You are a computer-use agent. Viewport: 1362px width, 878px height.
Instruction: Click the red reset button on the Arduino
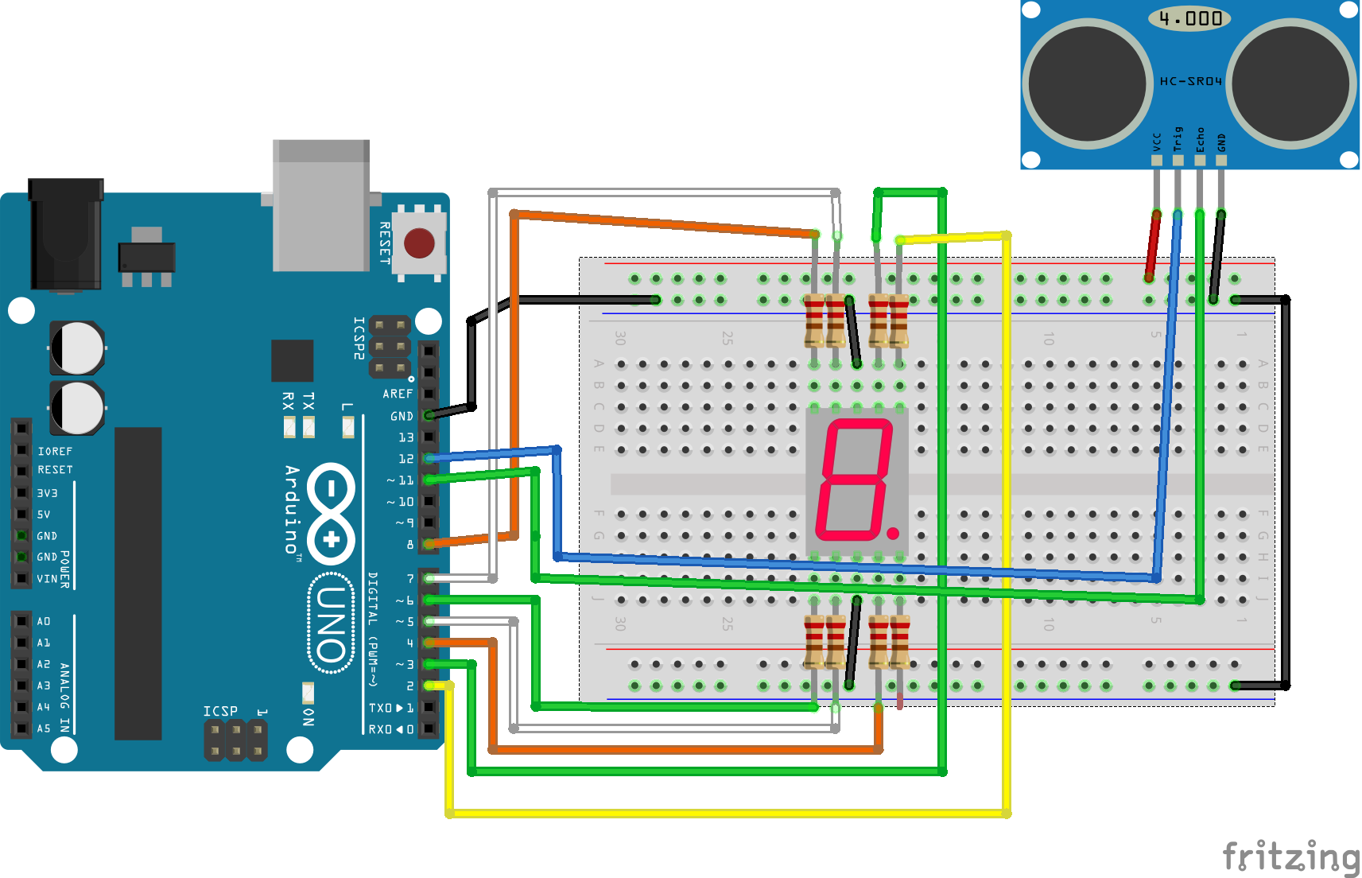tap(419, 243)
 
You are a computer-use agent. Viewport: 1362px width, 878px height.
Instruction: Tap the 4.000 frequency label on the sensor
tap(1189, 18)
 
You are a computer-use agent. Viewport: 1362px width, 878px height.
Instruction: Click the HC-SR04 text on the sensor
tap(1190, 81)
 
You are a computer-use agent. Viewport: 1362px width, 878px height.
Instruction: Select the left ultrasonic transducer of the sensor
tap(1087, 84)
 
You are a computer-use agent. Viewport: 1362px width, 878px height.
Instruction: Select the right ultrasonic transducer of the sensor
tap(1291, 84)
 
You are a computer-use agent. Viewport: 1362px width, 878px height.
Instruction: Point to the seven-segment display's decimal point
tap(893, 533)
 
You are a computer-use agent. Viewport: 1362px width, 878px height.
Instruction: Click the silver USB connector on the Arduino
tap(321, 205)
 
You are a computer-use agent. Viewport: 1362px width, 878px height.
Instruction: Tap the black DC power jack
tap(66, 235)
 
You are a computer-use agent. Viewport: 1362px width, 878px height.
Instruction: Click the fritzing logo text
tap(1290, 857)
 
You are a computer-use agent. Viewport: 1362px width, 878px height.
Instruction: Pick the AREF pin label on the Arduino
tap(398, 394)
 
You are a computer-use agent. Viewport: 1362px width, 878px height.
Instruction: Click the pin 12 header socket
tap(429, 458)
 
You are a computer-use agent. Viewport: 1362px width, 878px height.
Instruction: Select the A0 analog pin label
tap(44, 621)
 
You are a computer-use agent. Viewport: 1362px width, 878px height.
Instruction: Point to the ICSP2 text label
tap(359, 338)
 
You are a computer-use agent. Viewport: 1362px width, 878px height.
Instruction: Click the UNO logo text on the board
tap(332, 625)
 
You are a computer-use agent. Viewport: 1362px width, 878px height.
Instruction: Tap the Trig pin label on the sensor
tap(1178, 139)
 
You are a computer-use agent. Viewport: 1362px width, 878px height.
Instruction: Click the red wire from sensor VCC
tap(1152, 245)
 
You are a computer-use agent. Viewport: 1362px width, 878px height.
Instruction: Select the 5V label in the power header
tap(44, 515)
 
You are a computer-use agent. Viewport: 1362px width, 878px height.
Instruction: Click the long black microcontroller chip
tap(138, 583)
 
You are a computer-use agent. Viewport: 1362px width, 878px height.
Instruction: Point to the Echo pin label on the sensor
tap(1200, 139)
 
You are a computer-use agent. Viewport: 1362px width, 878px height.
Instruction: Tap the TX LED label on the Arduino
tap(308, 401)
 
